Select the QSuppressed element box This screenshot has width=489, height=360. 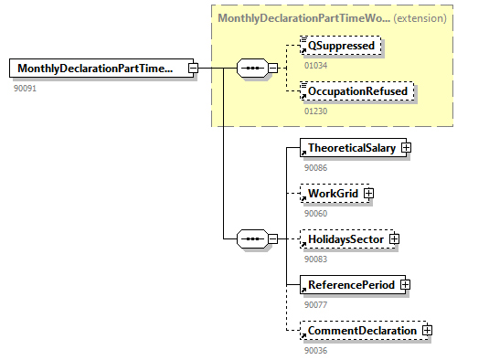coord(339,46)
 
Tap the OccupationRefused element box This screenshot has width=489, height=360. coord(357,91)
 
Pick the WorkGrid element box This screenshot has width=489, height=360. coord(331,194)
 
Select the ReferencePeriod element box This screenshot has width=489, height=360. coord(349,284)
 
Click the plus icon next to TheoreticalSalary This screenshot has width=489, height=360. coord(405,148)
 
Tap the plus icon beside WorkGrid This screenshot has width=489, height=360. coord(368,194)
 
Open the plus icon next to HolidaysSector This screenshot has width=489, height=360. coord(394,238)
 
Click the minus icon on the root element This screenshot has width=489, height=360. coord(193,69)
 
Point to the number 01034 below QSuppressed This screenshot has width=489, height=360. coord(315,65)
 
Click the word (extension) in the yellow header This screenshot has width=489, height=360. coord(420,17)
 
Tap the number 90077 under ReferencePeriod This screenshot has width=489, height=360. coord(315,304)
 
